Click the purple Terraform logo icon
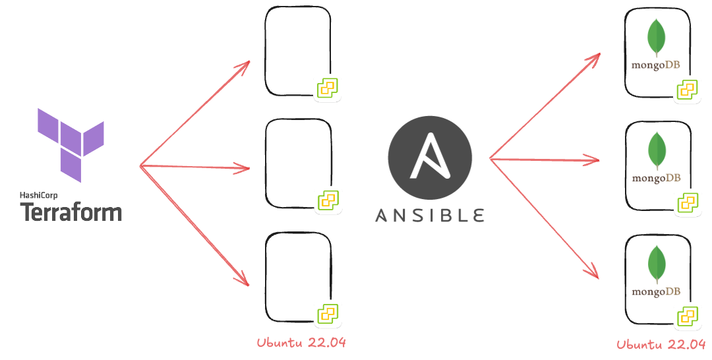tap(71, 144)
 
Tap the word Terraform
tap(71, 212)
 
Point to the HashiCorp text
tap(39, 195)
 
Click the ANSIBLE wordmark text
tap(430, 216)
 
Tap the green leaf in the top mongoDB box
tap(656, 38)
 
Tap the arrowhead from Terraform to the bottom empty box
tap(245, 282)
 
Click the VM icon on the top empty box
tap(328, 88)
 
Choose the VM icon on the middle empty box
tap(328, 200)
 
